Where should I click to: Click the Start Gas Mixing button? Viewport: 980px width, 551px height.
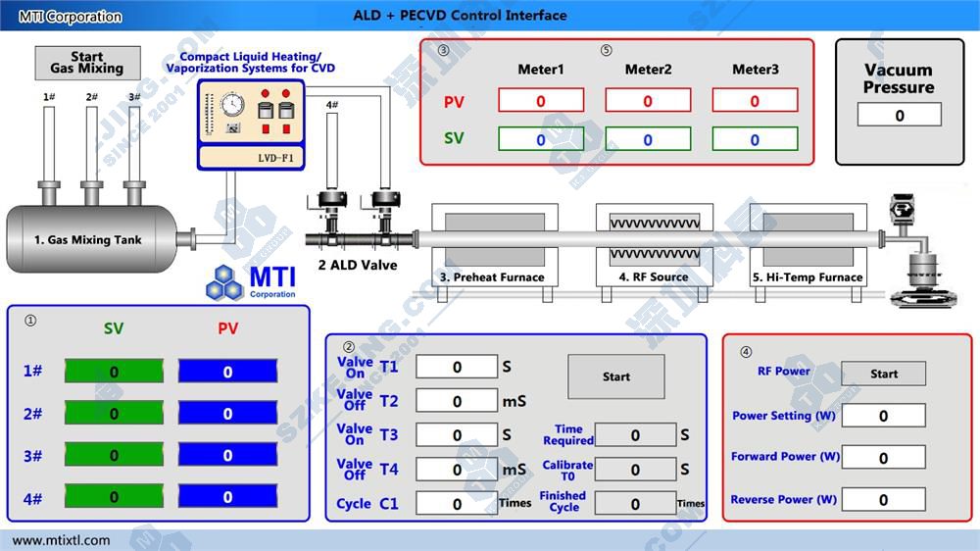pyautogui.click(x=87, y=63)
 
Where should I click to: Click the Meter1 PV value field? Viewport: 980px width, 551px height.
pyautogui.click(x=541, y=100)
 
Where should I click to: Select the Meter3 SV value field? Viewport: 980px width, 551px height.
pyautogui.click(x=755, y=139)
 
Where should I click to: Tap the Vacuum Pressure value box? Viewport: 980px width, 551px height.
pyautogui.click(x=899, y=116)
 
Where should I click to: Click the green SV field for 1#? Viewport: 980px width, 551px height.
pyautogui.click(x=114, y=372)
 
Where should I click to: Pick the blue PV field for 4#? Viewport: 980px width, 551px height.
pyautogui.click(x=227, y=498)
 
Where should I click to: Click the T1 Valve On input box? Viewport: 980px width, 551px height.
pyautogui.click(x=457, y=367)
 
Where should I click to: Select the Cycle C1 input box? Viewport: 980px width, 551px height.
pyautogui.click(x=457, y=504)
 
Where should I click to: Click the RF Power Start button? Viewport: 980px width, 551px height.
pyautogui.click(x=883, y=374)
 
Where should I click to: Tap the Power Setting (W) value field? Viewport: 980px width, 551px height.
pyautogui.click(x=883, y=416)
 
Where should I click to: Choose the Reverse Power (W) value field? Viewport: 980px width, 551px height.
pyautogui.click(x=883, y=500)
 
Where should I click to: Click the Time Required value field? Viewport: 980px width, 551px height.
pyautogui.click(x=635, y=434)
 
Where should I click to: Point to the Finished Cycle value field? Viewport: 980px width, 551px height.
pyautogui.click(x=635, y=504)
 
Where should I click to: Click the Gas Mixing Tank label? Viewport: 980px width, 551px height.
pyautogui.click(x=88, y=239)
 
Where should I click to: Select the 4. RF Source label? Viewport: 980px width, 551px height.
pyautogui.click(x=653, y=277)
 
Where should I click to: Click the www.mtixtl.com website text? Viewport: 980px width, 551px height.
pyautogui.click(x=62, y=540)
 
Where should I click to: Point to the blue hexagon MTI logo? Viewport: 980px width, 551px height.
pyautogui.click(x=225, y=281)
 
